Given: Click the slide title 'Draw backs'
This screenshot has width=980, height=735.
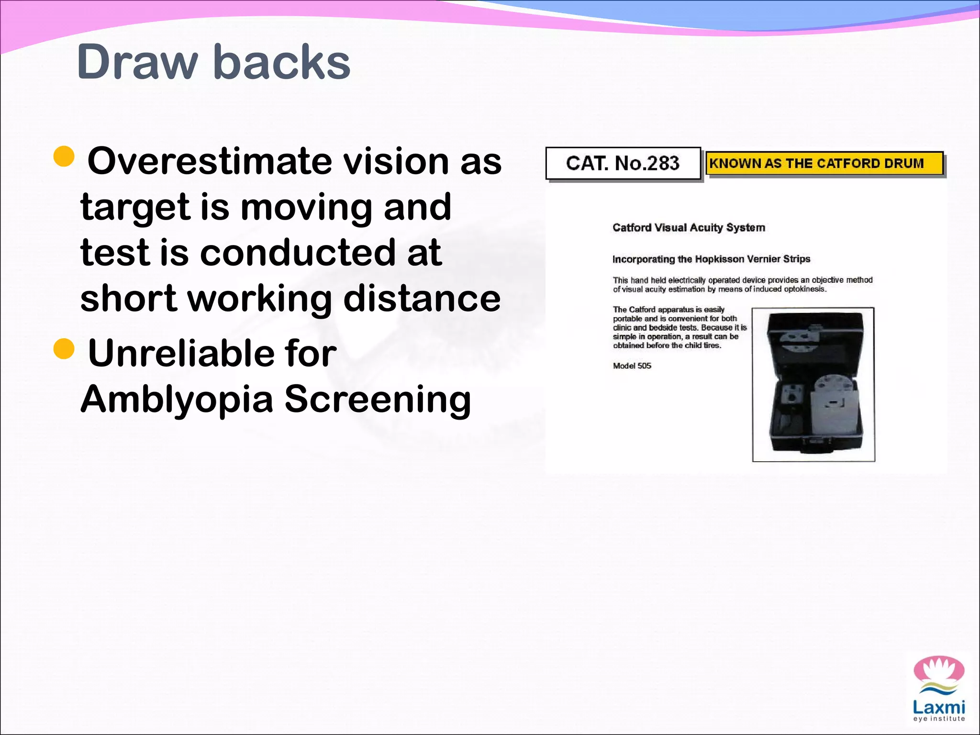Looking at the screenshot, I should coord(213,62).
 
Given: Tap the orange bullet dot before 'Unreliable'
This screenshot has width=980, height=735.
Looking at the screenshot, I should coord(64,349).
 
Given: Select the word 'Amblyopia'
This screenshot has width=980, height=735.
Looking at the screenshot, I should coord(177,399).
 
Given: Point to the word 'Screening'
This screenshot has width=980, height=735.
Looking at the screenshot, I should coord(378,399).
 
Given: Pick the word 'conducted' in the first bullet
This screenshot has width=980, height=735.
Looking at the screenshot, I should coord(297,253).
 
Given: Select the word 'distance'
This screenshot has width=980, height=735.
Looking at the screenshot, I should coord(422,298).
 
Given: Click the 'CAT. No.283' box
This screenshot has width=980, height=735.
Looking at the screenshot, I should coord(623,164).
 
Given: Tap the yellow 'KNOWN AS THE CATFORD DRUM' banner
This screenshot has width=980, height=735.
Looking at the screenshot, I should coord(824,164).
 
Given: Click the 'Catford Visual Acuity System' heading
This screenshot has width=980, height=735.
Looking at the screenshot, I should coord(689,228).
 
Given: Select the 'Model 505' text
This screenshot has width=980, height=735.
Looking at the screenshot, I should coord(632,366).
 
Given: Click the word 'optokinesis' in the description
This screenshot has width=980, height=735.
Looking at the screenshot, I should coord(804,290).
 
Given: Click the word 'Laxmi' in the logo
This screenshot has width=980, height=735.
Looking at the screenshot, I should coord(938,707).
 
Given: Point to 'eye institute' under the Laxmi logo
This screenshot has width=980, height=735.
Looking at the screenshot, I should coord(938,719).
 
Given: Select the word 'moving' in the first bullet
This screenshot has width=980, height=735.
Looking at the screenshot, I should coord(306,207).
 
